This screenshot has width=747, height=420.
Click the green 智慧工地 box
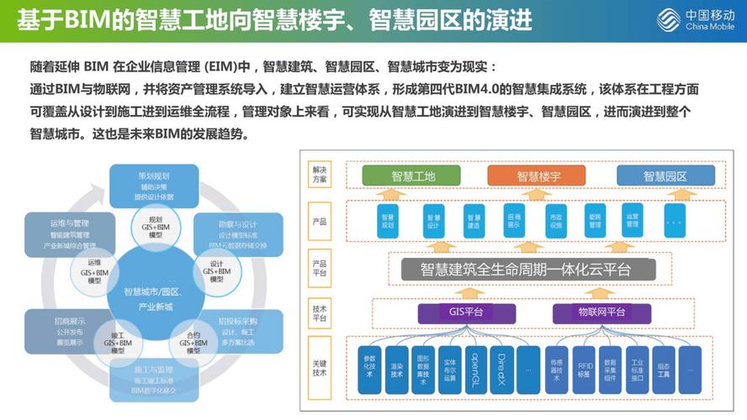tap(413, 176)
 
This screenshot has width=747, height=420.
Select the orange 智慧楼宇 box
tap(538, 176)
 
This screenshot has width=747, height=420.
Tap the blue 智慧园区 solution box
tap(665, 176)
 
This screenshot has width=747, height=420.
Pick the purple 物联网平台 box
tap(601, 312)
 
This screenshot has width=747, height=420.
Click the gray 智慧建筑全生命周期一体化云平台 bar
tap(527, 270)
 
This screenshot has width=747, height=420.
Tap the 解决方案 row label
tap(320, 175)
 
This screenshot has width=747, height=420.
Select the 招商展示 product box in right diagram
tap(513, 221)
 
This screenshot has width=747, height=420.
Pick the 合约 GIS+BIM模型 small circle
tap(193, 339)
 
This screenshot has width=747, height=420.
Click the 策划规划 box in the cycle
tap(155, 184)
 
